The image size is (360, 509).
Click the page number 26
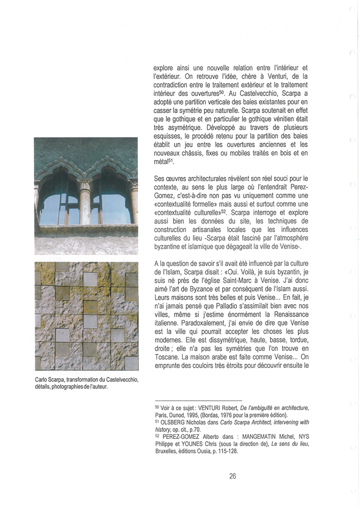(233, 476)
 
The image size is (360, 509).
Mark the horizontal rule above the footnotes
(198, 400)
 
